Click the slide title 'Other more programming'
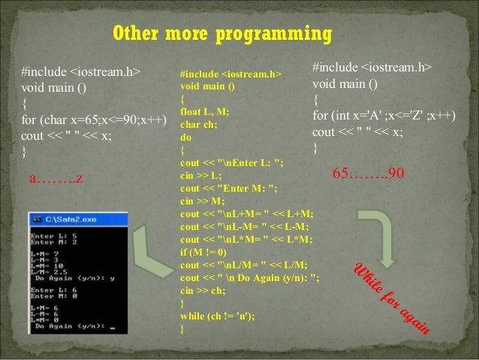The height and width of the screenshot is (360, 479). pos(222,35)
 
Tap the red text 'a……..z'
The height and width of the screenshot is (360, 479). pos(56,179)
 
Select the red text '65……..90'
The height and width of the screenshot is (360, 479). pos(369,174)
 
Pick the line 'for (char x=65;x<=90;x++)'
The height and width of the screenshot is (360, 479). pos(93,119)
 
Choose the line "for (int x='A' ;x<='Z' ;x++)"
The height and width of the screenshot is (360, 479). pos(384,116)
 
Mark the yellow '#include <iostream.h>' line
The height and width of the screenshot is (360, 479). pos(230,75)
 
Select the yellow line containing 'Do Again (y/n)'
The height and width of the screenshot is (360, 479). pos(250,278)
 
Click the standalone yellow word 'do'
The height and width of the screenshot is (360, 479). pos(185,138)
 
